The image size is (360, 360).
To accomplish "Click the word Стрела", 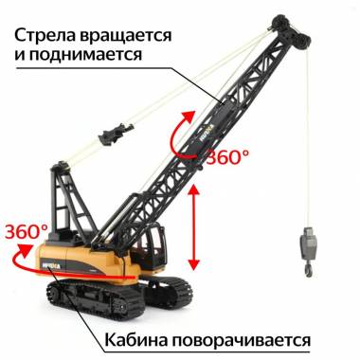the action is [45, 35].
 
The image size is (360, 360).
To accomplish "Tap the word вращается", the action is [126, 37].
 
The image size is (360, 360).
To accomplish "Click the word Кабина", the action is [136, 340].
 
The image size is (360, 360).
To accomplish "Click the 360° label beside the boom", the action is [227, 156].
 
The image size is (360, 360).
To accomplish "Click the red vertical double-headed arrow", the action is [194, 227].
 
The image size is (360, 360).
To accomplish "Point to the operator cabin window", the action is [155, 244].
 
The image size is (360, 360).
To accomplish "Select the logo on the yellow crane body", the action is [50, 265].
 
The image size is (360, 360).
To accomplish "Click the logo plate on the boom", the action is [207, 133].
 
